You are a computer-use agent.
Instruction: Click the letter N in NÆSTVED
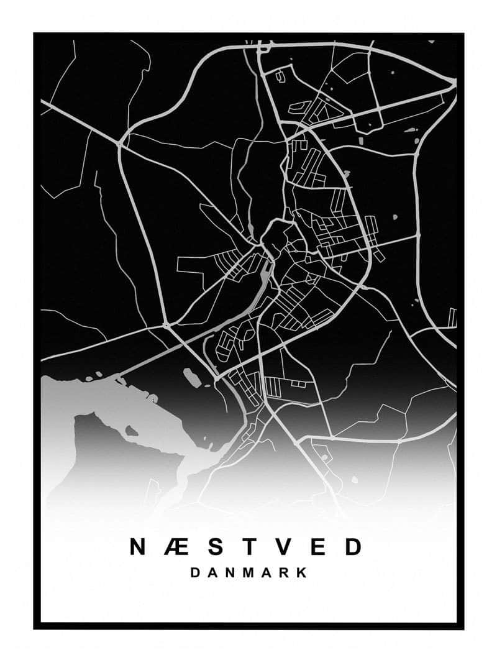pos(138,547)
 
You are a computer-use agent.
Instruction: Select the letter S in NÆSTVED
pos(214,547)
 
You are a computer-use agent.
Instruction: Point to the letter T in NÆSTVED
pos(249,547)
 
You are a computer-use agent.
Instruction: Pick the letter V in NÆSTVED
pos(284,547)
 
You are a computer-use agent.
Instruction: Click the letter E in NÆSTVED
pos(319,547)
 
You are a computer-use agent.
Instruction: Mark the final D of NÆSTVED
pos(353,547)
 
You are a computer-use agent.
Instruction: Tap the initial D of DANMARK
pos(195,573)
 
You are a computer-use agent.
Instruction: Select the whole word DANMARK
pos(248,573)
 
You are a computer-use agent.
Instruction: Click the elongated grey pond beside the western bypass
pos(193,377)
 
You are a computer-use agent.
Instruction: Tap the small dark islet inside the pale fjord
pos(131,430)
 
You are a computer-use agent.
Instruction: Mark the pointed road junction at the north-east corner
pos(453,83)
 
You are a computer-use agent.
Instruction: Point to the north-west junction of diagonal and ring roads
pos(120,144)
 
